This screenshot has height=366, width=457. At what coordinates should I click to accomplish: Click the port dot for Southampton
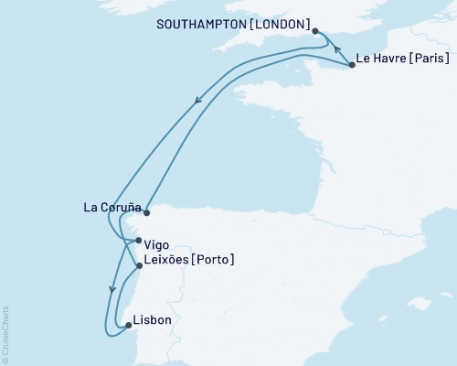point(315,31)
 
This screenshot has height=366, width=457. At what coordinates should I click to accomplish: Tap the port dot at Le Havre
point(352,65)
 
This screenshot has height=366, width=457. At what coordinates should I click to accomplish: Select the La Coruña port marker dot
point(146,212)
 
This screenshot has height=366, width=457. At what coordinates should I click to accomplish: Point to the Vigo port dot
point(138,242)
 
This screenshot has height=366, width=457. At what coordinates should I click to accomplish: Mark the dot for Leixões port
point(139,266)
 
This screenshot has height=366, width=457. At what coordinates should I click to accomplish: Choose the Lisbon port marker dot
point(128,325)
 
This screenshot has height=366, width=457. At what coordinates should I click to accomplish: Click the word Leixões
point(165,260)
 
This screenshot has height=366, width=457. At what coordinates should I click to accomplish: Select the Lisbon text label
point(151,321)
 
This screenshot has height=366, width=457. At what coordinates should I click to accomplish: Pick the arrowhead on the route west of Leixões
point(112,289)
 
